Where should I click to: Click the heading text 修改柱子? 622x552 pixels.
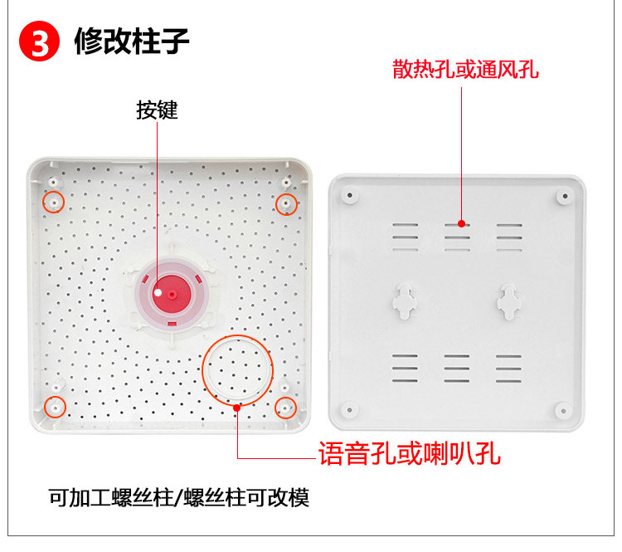[132, 41]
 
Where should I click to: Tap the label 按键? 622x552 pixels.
[157, 110]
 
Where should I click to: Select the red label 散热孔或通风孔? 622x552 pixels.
[466, 69]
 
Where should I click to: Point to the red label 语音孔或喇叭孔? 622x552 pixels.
[410, 454]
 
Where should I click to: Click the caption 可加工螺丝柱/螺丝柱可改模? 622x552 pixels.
[178, 499]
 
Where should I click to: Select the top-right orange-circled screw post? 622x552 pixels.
[286, 202]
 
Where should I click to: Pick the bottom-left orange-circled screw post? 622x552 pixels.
[55, 406]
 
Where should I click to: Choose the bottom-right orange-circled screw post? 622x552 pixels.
[285, 407]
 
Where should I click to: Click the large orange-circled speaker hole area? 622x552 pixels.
[238, 369]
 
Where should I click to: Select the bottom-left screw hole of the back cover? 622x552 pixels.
[350, 408]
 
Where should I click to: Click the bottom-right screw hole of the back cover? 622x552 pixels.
[563, 408]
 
